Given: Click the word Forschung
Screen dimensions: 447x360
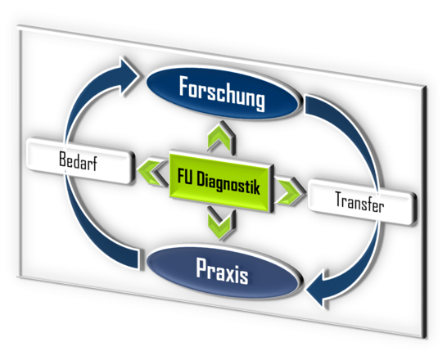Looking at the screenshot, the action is coord(222,92).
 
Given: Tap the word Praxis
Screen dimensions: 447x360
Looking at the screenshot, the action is coord(222,272).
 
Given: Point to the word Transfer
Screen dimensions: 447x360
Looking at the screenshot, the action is coord(359,202).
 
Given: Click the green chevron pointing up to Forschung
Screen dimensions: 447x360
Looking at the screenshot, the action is coord(222,137).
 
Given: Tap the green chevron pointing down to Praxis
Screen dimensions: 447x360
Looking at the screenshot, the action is coord(222,223).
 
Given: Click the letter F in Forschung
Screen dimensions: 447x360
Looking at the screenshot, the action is coord(185,86).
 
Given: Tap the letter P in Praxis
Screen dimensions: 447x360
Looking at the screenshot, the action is coord(202,268).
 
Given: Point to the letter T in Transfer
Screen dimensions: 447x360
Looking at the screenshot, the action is coord(340,199).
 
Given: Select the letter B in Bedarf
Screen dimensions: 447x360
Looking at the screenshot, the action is coord(63,159).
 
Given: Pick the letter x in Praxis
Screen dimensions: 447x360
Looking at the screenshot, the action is coord(230,274).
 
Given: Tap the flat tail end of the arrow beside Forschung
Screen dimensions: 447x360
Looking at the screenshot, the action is coord(307,105).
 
